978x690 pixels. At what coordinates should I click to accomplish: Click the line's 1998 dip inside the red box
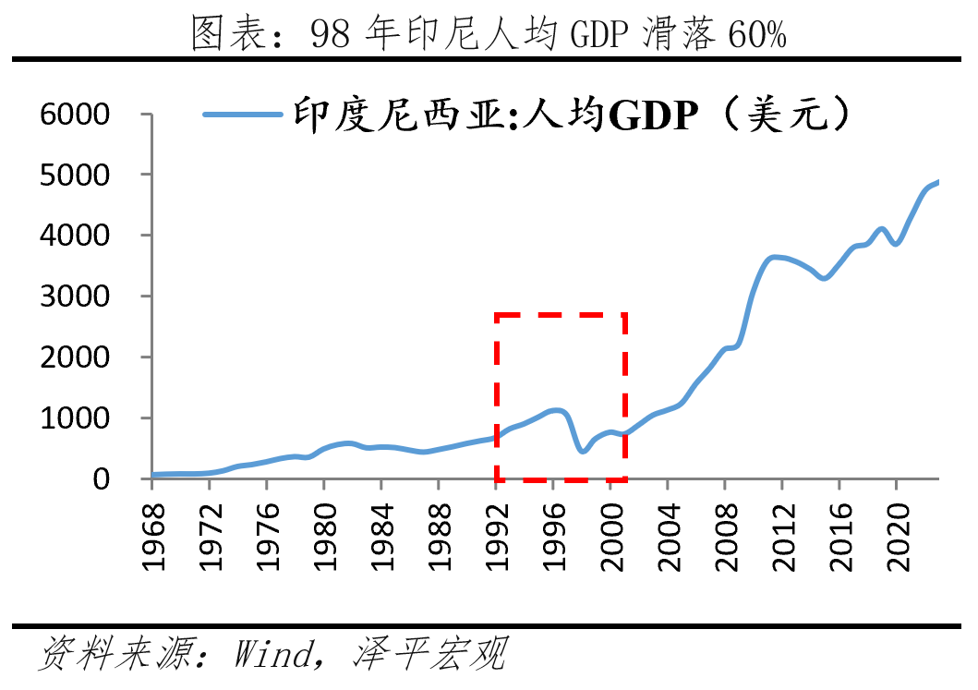(582, 451)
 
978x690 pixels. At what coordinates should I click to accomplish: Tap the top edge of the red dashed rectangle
(561, 315)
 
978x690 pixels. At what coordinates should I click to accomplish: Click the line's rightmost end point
(938, 182)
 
